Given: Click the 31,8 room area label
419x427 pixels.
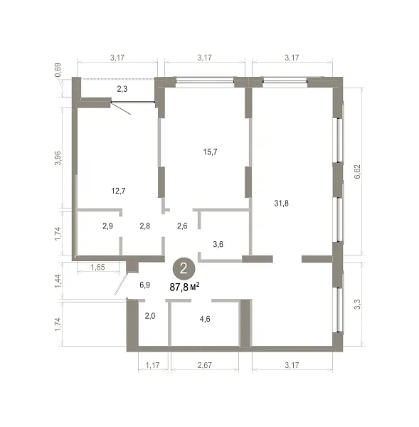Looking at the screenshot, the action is (281, 203).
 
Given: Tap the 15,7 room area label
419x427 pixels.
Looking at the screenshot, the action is (210, 152).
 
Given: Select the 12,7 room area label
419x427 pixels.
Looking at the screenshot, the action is (118, 191).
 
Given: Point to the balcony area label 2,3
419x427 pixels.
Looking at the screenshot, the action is (122, 89).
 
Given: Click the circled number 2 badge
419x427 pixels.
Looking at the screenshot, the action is (184, 268).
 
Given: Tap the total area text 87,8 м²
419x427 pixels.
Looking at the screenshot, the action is (184, 287).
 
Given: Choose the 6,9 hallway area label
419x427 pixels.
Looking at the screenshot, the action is (145, 285).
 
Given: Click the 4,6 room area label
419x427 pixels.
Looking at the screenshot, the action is (205, 319).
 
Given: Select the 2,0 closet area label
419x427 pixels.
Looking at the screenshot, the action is (150, 315).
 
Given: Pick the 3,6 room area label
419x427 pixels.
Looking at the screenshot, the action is (218, 244).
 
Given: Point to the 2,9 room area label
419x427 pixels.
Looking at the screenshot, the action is (108, 226).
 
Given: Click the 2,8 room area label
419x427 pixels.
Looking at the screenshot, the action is (145, 226).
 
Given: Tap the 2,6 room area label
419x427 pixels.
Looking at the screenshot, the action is (182, 226).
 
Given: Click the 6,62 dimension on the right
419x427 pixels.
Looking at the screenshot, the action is (357, 172).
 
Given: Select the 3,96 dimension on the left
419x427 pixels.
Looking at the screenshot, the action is (58, 158).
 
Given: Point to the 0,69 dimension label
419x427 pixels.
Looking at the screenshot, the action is (58, 70).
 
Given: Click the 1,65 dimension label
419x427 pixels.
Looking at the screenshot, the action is (97, 267).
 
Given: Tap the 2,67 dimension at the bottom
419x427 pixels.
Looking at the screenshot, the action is (205, 365).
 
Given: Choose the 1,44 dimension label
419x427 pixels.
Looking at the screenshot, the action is (58, 281).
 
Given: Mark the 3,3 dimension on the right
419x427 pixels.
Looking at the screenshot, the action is (357, 304).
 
